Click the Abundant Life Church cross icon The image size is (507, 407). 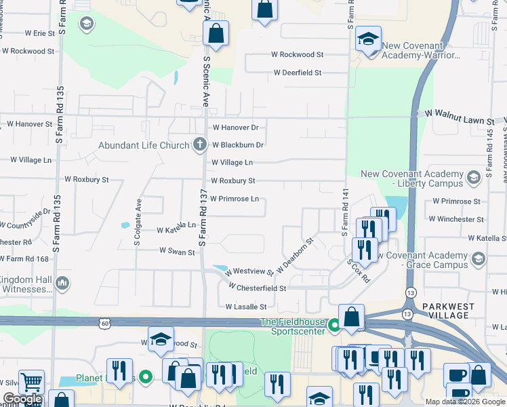(199, 144)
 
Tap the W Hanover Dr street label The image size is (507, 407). (235, 127)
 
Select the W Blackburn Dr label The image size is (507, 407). (237, 144)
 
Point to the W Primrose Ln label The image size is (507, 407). (234, 199)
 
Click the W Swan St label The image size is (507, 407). (177, 251)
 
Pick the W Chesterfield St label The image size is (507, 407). (258, 288)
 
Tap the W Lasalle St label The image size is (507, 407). (246, 307)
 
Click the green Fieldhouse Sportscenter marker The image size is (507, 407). (333, 326)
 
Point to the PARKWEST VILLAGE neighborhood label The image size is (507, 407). (448, 311)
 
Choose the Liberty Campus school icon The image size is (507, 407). (473, 178)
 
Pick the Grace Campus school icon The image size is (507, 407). (478, 258)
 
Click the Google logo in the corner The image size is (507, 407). (22, 400)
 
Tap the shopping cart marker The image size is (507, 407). (31, 382)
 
